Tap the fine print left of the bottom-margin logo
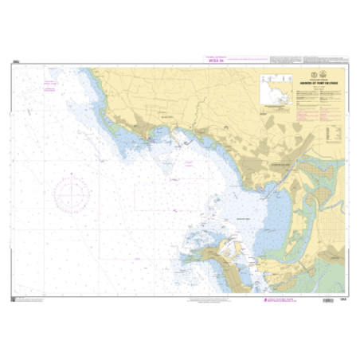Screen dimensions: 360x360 [191, 299]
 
